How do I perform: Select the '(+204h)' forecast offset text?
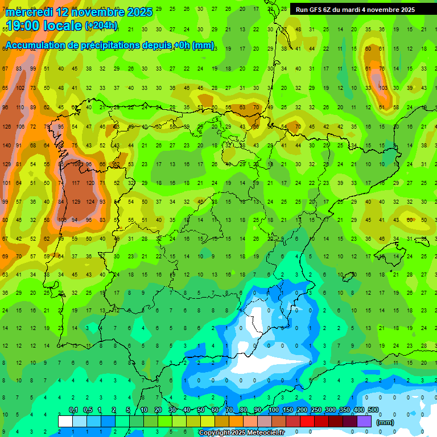point(101,25)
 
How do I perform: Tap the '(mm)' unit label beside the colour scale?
point(385,422)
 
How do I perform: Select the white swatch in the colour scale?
point(65,421)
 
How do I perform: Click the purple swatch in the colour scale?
point(364,421)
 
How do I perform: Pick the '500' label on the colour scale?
point(373,410)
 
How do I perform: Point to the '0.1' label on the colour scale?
point(73,410)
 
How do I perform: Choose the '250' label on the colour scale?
point(316,410)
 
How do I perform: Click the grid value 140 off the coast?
point(6,146)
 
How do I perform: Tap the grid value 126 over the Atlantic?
point(6,126)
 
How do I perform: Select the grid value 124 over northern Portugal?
point(90,202)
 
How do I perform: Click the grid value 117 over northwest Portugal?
point(76,183)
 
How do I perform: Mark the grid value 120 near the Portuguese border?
point(90,183)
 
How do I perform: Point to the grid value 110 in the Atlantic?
point(20,108)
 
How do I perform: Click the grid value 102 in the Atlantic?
point(20,88)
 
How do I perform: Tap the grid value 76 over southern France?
point(382,69)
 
